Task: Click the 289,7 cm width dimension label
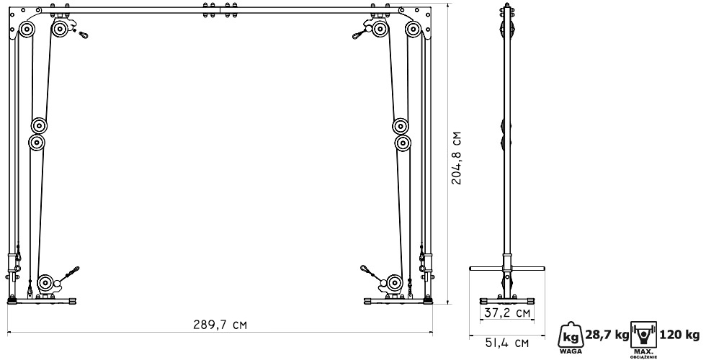(220, 325)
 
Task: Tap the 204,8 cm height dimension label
(457, 158)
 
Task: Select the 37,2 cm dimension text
(507, 312)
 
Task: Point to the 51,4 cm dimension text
(507, 343)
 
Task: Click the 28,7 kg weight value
(607, 335)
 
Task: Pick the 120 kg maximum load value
(680, 335)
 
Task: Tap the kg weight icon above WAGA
(571, 335)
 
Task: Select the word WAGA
(571, 351)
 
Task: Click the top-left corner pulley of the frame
(27, 30)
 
